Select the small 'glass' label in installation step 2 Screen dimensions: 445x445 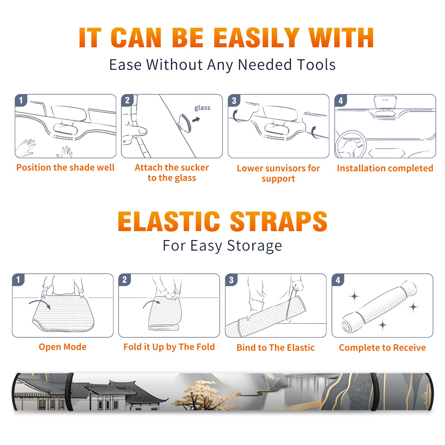pos(202,108)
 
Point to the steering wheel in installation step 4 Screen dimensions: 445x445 pos(350,144)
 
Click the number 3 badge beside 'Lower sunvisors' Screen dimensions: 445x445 pos(234,101)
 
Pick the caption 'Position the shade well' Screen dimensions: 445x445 pos(65,167)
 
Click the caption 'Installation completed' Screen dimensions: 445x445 pos(385,168)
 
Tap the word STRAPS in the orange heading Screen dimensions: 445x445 pos(279,221)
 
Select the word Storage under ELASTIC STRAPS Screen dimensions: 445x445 pos(254,246)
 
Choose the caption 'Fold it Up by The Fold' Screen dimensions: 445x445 pos(169,347)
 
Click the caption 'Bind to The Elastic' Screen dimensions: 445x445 pos(276,348)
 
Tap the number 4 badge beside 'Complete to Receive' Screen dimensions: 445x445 pos(338,280)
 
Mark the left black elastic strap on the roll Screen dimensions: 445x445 pos(70,392)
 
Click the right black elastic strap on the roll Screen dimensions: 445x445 pos(374,392)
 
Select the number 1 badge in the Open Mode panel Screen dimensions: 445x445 pos(18,280)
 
